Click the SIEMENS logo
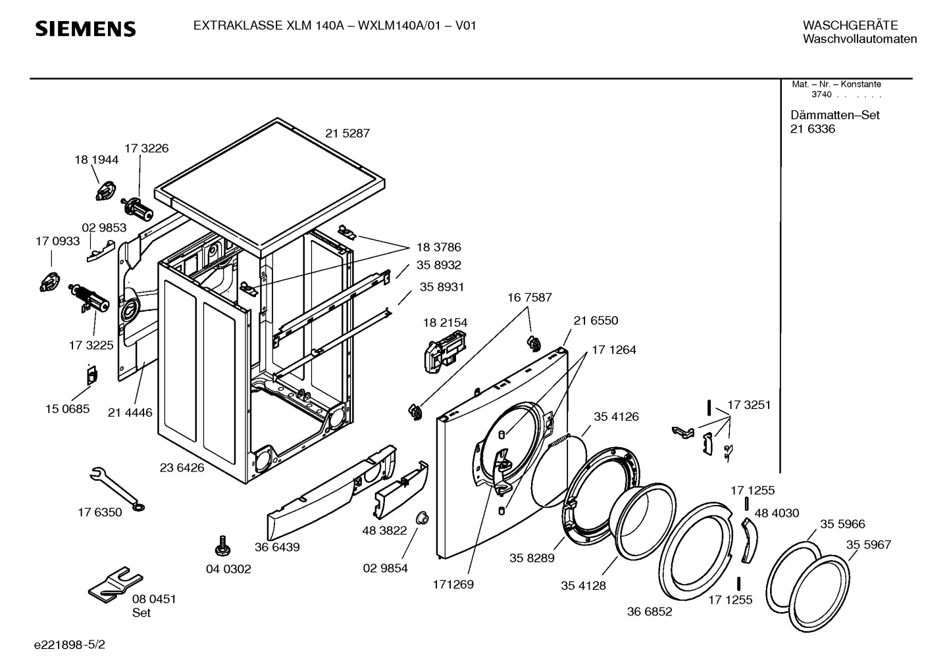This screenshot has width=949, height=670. point(85,29)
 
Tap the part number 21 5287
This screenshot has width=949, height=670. point(347,133)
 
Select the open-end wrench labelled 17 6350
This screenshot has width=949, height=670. point(117,489)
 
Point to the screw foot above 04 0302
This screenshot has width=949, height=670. point(222,546)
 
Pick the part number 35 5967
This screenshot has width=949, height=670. point(869,544)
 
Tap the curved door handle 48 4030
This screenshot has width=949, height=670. point(750,540)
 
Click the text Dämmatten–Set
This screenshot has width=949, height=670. point(835,115)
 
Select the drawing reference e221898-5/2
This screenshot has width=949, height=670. point(70,644)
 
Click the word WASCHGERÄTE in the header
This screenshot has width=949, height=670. point(850,26)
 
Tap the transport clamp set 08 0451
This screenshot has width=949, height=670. point(116,585)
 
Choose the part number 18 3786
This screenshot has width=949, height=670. point(438,247)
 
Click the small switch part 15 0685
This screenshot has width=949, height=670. point(92,375)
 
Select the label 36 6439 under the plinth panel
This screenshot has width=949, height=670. point(277,547)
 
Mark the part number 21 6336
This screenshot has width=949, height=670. point(813,129)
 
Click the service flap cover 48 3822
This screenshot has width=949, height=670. point(401,490)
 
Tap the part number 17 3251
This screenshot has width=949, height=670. point(749,405)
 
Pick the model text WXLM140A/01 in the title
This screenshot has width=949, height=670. point(399,26)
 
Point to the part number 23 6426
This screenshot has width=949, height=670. point(182,467)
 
